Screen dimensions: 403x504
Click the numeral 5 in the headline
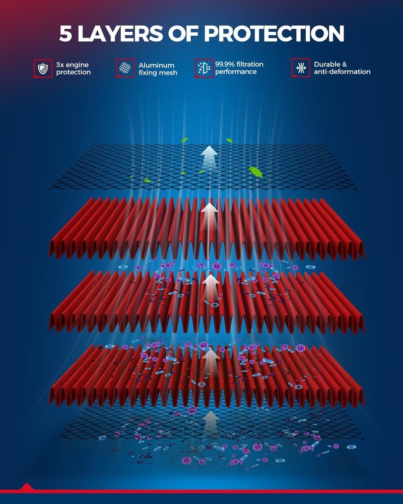coord(65,33)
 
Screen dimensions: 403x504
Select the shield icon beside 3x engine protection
coord(43,68)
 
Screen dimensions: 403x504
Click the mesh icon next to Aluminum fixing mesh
coord(125,68)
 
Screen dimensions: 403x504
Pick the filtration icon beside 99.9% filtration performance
coord(204,68)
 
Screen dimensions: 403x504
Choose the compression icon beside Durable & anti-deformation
coord(301,68)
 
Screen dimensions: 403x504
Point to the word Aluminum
coord(157,65)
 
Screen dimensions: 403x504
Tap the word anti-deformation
coord(342,72)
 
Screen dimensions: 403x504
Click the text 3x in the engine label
coord(60,65)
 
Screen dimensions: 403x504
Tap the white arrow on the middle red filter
coord(211,286)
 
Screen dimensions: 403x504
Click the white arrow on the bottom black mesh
coord(211,421)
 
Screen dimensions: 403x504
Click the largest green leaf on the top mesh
coord(256,172)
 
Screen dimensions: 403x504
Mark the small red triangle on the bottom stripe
coord(27,486)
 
